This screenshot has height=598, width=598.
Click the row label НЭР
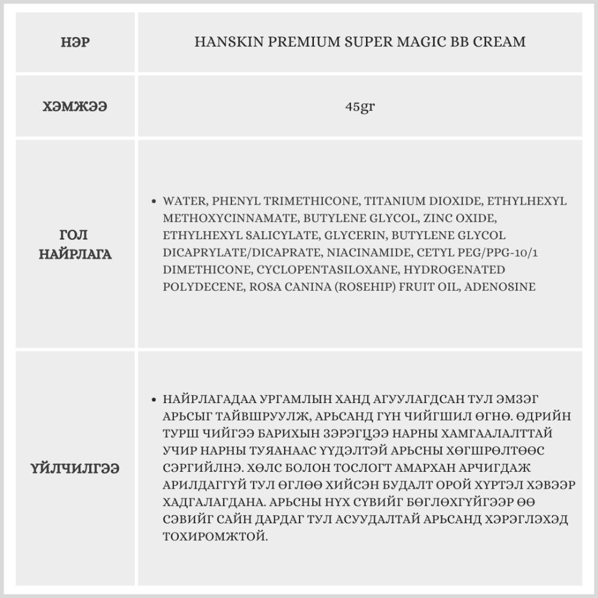[x=76, y=42]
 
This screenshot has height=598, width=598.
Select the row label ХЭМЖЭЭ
[x=76, y=107]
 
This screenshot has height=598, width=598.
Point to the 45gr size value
[x=360, y=107]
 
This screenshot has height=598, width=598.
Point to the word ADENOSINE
[x=501, y=287]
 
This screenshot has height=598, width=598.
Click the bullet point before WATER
[x=155, y=202]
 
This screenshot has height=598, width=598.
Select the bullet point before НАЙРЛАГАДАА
[x=155, y=399]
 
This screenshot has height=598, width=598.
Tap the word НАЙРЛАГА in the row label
[x=76, y=254]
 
